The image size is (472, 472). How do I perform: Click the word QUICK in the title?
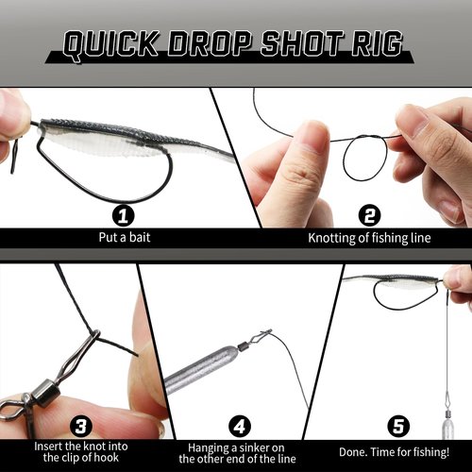[x=110, y=44]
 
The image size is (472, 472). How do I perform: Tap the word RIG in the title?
[x=377, y=43]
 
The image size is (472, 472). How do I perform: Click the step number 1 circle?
[x=124, y=216]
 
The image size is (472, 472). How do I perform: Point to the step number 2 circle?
[x=369, y=216]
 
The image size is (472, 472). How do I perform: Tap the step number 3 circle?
[x=81, y=427]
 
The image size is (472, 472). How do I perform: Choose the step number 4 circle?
[x=240, y=427]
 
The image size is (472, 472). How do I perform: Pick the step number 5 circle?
[x=398, y=427]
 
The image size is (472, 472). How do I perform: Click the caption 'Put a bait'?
[x=125, y=237]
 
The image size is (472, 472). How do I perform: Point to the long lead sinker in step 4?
[x=200, y=369]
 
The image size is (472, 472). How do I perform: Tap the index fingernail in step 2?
[x=316, y=134]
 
